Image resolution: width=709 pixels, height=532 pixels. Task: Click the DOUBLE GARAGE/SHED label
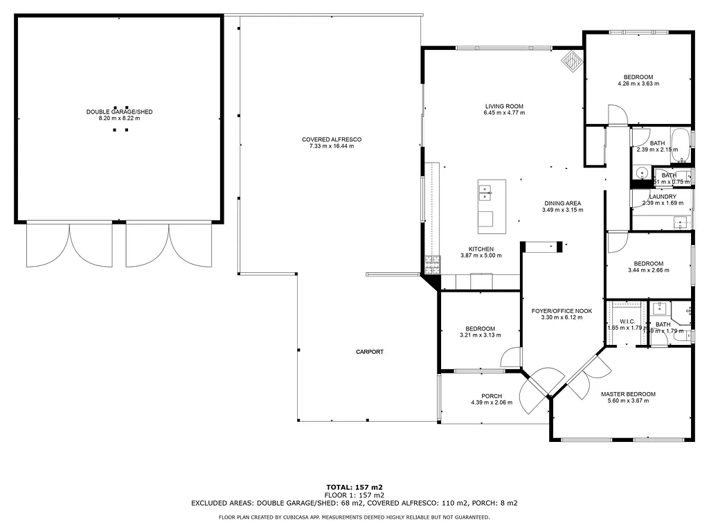(x=119, y=112)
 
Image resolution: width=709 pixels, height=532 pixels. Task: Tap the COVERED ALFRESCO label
(x=331, y=139)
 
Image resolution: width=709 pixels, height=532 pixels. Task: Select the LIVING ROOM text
(x=503, y=106)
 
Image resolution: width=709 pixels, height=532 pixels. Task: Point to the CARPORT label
(x=370, y=352)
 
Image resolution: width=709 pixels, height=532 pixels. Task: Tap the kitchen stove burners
(x=432, y=263)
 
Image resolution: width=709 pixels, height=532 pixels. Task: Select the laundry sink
(x=681, y=224)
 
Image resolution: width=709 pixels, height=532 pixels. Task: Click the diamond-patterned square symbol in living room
(x=571, y=60)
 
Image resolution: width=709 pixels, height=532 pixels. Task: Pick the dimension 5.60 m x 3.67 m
(x=627, y=401)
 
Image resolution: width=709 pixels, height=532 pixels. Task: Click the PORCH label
(x=492, y=396)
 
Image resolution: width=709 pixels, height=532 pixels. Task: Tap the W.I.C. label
(x=627, y=321)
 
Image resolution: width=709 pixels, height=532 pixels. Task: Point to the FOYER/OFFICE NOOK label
(x=562, y=311)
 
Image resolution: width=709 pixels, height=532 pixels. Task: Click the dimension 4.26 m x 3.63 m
(x=638, y=84)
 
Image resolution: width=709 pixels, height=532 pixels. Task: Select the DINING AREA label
(x=562, y=203)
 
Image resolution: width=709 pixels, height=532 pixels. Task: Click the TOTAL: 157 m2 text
(x=354, y=487)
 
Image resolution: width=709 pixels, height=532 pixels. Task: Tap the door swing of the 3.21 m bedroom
(x=511, y=357)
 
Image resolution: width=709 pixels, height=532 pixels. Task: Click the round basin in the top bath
(x=642, y=173)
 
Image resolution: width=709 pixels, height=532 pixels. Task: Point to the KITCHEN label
(x=481, y=249)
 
